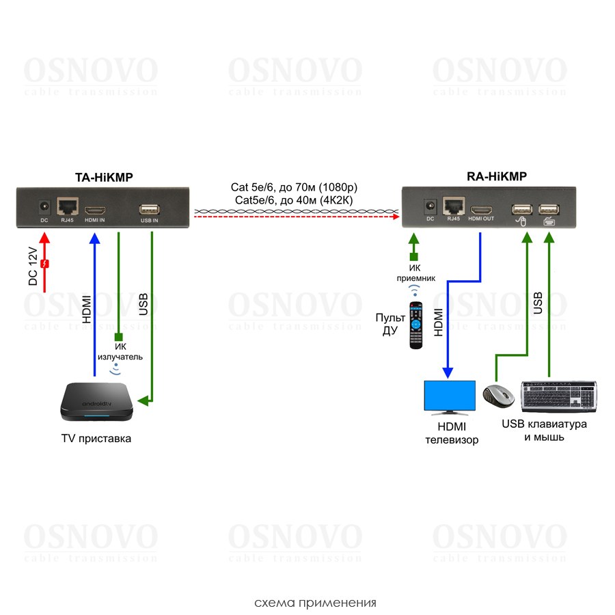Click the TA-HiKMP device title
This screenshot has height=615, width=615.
click(104, 178)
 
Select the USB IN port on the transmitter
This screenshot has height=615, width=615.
click(150, 208)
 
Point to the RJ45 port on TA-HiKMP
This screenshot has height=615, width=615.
click(68, 206)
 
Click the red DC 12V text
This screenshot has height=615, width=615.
click(31, 267)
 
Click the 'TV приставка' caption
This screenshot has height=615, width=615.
click(96, 439)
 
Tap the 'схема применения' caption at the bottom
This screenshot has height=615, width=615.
click(315, 603)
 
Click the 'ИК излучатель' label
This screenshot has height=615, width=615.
click(120, 351)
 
